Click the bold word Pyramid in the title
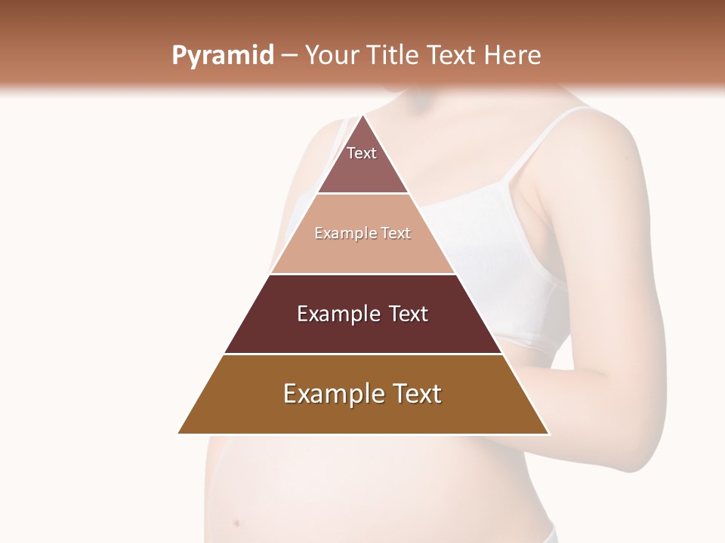[222, 56]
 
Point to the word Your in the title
[333, 56]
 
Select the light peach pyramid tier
[362, 249]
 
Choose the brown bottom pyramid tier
[362, 411]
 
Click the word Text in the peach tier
[396, 233]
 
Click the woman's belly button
[237, 522]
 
